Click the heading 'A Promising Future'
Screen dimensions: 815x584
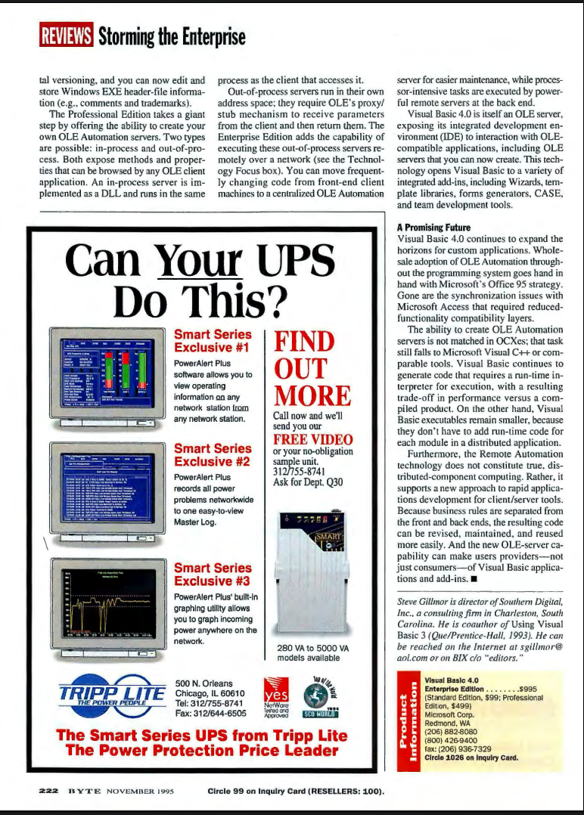(433, 227)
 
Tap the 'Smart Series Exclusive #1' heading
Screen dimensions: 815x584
(213, 341)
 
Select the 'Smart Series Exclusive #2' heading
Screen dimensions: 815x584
(213, 456)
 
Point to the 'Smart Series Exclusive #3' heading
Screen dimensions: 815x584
(213, 574)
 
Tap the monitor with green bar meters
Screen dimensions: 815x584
(107, 371)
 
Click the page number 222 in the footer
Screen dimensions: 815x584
(50, 792)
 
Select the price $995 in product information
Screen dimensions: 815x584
(528, 689)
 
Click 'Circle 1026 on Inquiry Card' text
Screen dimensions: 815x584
(473, 757)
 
